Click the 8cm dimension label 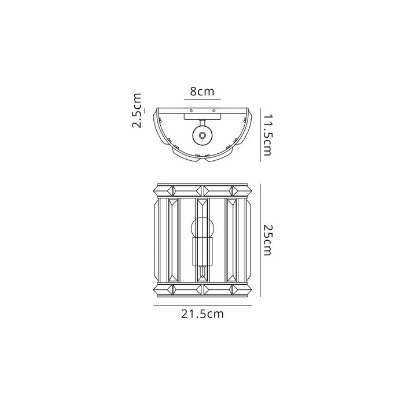(202, 92)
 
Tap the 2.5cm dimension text (137, 111)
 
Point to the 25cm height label (267, 239)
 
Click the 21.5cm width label (202, 315)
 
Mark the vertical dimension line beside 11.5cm (259, 135)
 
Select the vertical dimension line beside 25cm (259, 239)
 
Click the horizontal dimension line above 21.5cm (202, 305)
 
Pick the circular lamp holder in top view (202, 135)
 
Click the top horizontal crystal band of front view (202, 190)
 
